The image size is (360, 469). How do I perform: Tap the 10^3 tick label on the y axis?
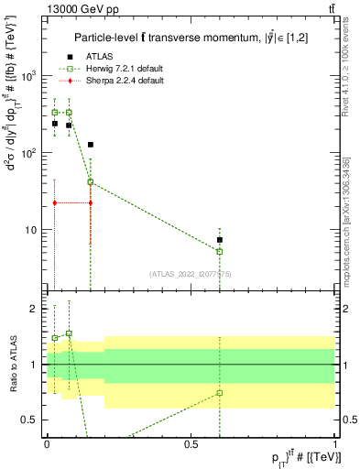tap(30, 76)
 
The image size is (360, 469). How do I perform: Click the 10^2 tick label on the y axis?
tap(30, 153)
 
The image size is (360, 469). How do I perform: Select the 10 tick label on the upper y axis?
tap(33, 230)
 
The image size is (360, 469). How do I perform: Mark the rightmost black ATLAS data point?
tap(220, 240)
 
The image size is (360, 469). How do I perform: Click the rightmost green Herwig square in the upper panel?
tap(220, 251)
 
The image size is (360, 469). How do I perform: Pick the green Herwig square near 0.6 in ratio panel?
tap(220, 393)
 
